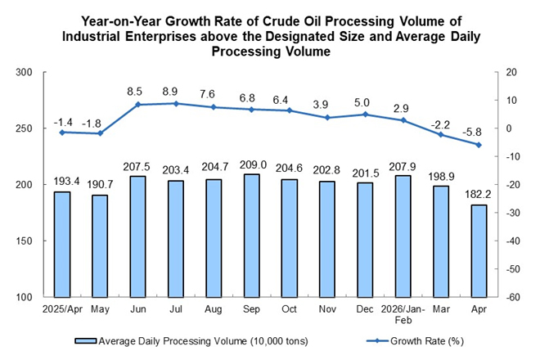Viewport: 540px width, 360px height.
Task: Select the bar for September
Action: (251, 236)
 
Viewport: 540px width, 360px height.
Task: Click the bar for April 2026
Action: (479, 251)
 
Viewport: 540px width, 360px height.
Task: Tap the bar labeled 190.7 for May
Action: (100, 246)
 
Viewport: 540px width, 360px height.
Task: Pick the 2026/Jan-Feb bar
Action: (403, 236)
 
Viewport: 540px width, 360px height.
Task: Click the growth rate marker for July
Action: (176, 103)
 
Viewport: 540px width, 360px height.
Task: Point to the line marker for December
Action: (365, 115)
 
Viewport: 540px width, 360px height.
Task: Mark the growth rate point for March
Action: (441, 134)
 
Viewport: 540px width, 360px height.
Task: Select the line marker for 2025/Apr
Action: (62, 133)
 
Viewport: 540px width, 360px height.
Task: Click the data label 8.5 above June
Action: (134, 92)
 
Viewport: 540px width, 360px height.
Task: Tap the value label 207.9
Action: (403, 167)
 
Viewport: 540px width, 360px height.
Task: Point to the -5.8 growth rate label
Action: (471, 132)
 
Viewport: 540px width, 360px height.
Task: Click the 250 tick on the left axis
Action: (24, 128)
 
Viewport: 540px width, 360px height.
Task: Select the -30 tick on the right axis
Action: (512, 213)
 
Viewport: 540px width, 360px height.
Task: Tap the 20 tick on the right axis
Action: (511, 72)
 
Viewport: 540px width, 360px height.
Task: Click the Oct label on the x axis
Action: (289, 309)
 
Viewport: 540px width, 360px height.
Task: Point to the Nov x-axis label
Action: (327, 309)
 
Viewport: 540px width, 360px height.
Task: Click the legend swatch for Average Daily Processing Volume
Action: (85, 340)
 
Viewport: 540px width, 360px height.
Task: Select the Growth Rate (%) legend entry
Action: (415, 340)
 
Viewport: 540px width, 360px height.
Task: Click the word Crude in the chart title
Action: (283, 21)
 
